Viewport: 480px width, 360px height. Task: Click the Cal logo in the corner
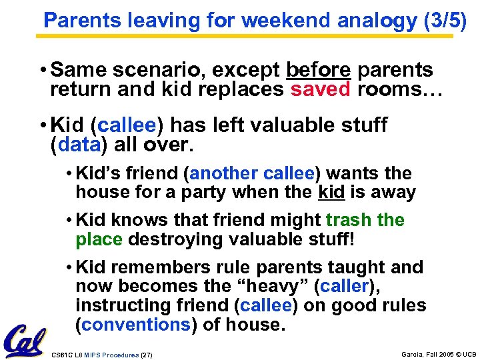(x=25, y=341)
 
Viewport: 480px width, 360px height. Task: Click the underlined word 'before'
(x=319, y=70)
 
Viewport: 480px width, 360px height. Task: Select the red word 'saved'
(x=320, y=90)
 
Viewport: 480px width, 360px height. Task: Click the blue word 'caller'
(x=343, y=287)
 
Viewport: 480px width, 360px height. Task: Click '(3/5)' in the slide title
(x=445, y=21)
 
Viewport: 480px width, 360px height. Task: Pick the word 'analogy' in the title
(x=377, y=21)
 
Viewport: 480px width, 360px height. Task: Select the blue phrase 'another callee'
(x=252, y=174)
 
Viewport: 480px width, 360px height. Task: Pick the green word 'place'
(x=99, y=239)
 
